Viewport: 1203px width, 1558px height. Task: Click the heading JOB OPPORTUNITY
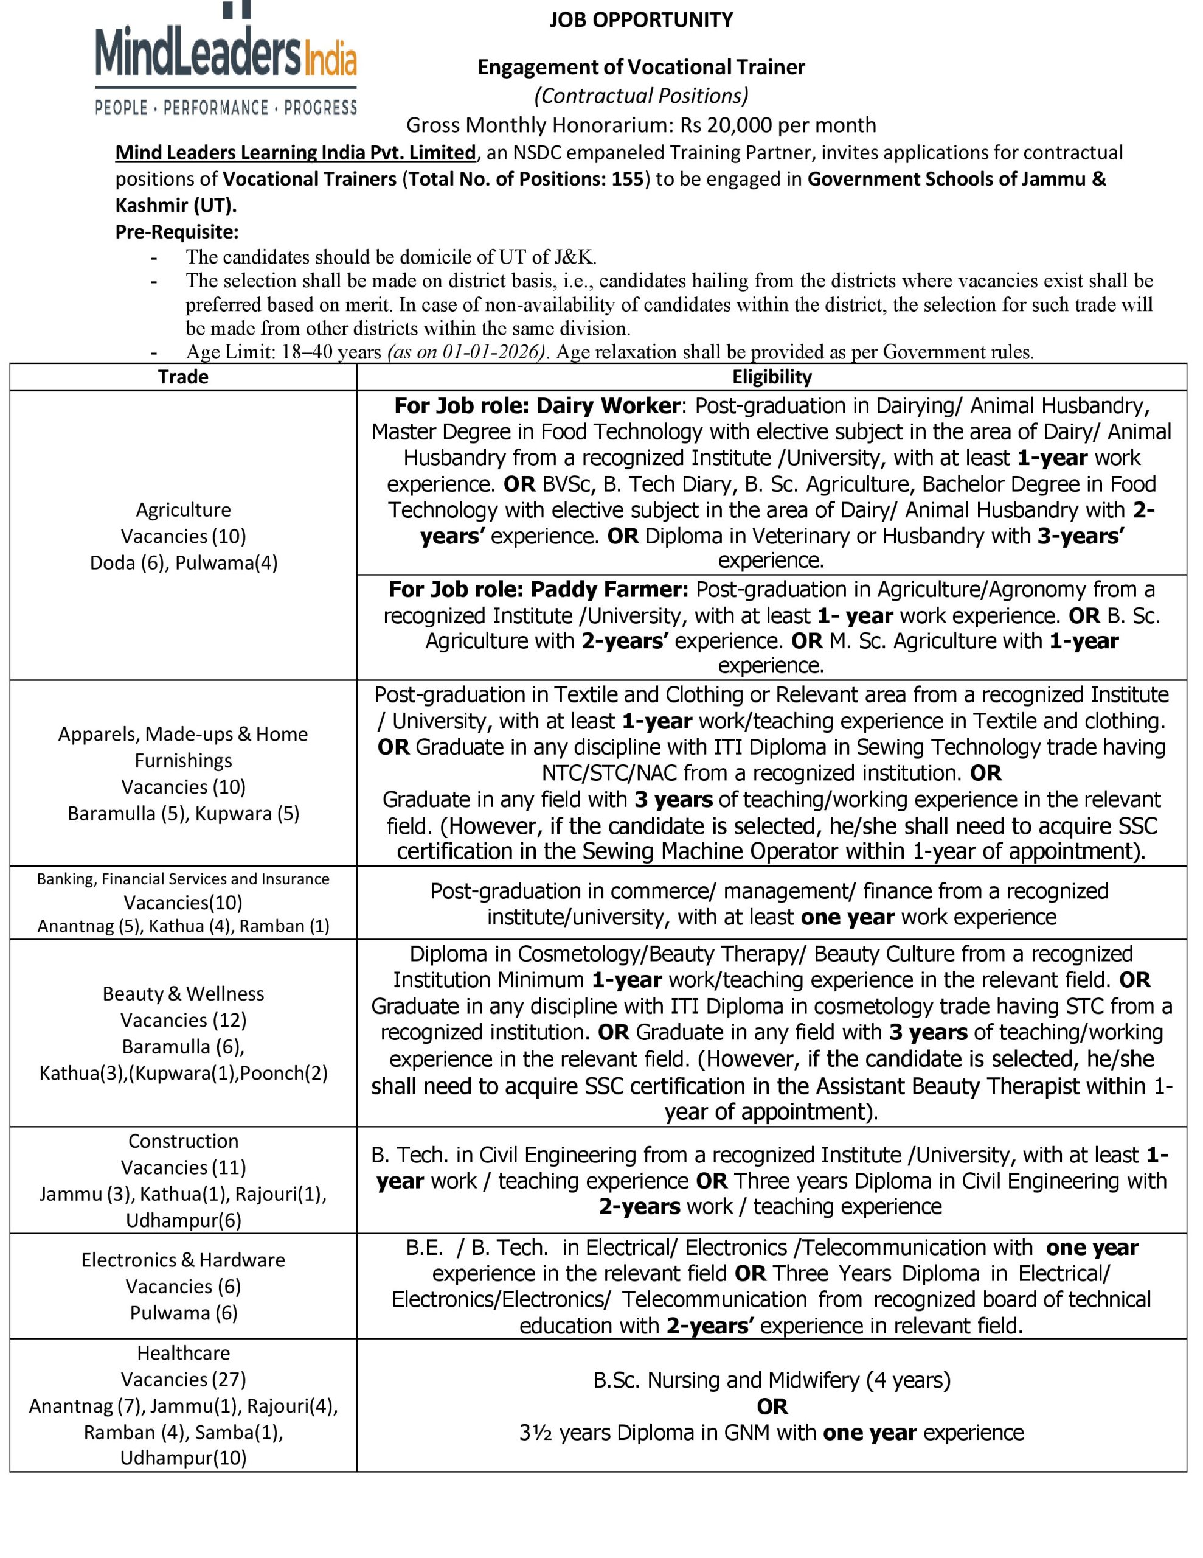click(x=640, y=19)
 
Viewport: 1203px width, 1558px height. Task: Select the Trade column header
click(x=183, y=377)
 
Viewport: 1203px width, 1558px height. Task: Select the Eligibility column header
click(x=772, y=377)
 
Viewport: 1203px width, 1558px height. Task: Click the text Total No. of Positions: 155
click(x=525, y=178)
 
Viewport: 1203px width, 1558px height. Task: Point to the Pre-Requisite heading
click(x=177, y=232)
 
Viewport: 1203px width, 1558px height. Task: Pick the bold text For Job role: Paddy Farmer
click(x=538, y=589)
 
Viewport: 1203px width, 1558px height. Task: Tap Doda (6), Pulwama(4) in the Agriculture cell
click(x=183, y=563)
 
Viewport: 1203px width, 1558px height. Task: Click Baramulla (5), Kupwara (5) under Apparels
click(x=183, y=813)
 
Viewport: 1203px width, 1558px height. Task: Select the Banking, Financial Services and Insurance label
click(x=183, y=879)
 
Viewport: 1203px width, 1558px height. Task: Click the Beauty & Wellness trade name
click(x=183, y=994)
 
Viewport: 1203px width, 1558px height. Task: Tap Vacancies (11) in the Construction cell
click(x=183, y=1167)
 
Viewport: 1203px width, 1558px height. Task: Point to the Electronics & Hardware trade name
click(x=183, y=1260)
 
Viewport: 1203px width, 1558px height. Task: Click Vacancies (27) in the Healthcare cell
click(x=183, y=1379)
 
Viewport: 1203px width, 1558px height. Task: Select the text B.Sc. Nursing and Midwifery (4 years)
click(x=772, y=1380)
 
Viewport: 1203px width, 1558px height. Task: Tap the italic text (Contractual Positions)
click(x=640, y=96)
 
